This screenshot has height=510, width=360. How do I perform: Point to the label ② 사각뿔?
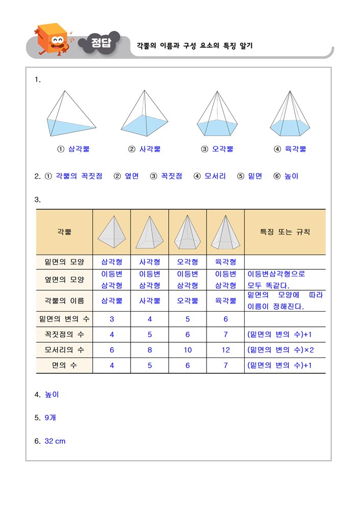[x=144, y=149]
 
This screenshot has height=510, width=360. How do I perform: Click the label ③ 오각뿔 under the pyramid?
[x=217, y=149]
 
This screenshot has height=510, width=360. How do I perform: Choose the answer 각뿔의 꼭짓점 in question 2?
[x=79, y=176]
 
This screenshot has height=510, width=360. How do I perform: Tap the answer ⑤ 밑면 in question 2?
[x=249, y=176]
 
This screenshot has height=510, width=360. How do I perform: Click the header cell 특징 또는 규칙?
[x=285, y=232]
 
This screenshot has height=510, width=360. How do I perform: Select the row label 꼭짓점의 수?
[x=64, y=335]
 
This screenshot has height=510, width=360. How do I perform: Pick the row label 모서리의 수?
[x=64, y=350]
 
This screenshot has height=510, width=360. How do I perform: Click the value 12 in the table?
[x=225, y=350]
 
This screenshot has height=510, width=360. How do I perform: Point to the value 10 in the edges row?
[x=188, y=350]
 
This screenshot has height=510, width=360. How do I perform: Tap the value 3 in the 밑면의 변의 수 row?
[x=112, y=319]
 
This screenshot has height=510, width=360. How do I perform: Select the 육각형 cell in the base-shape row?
[x=225, y=262]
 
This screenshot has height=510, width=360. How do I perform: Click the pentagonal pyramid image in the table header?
[x=188, y=232]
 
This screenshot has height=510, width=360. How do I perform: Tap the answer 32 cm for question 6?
[x=55, y=441]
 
